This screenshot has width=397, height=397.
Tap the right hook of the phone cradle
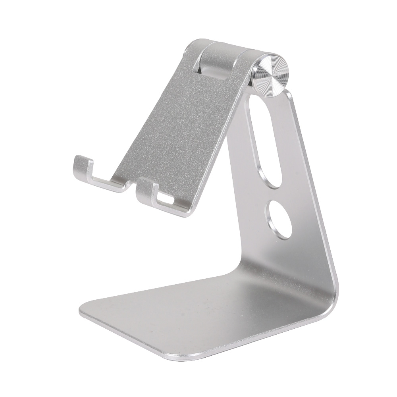[x=147, y=189]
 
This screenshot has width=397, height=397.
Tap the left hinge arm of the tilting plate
[x=191, y=56]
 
